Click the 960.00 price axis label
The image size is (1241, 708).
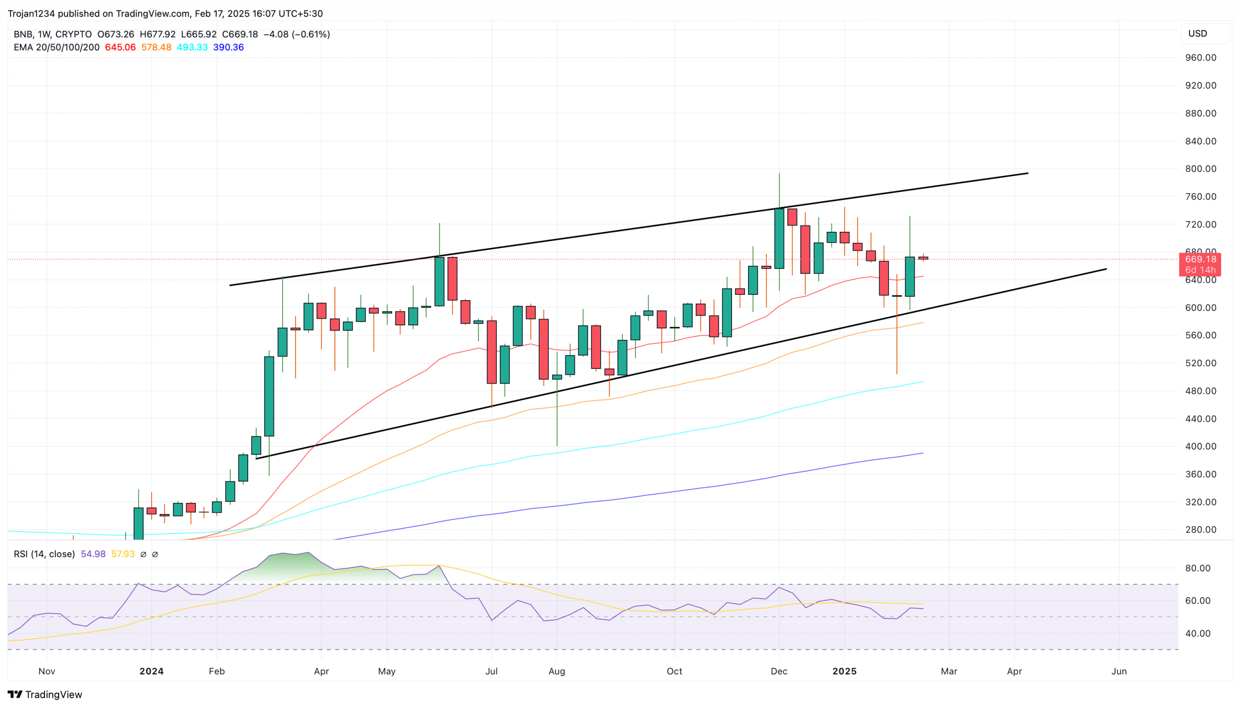click(x=1200, y=57)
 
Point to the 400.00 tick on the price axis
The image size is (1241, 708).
click(x=1200, y=447)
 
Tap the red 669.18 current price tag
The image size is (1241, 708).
click(x=1200, y=259)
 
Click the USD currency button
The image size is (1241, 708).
click(x=1198, y=33)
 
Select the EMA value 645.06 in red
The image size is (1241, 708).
click(x=120, y=47)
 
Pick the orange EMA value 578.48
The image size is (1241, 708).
click(x=156, y=47)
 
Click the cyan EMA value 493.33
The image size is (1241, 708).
click(x=192, y=47)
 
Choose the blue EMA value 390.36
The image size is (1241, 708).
click(x=228, y=47)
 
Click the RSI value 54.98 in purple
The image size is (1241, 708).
click(x=93, y=554)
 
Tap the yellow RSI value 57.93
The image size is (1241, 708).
click(x=123, y=554)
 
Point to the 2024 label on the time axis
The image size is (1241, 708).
click(x=151, y=671)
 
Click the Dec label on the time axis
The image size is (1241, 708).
click(x=779, y=671)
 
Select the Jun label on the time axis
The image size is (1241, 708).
click(x=1118, y=671)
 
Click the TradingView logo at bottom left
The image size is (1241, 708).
click(x=45, y=694)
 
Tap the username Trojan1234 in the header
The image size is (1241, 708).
click(x=31, y=14)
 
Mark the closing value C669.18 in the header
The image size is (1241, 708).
click(x=239, y=34)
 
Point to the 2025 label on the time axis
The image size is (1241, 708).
click(x=844, y=671)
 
